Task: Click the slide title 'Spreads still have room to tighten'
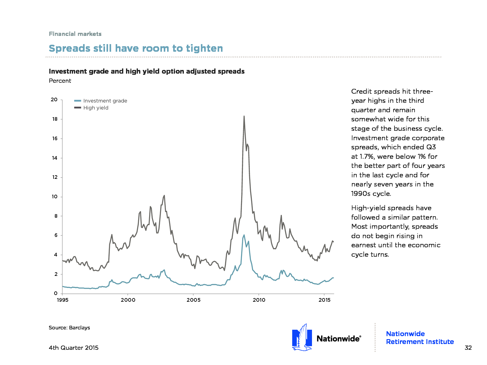tap(136, 48)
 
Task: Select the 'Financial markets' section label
tap(75, 34)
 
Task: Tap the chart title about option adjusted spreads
tap(147, 71)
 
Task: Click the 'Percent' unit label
tap(60, 81)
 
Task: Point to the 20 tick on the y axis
tap(54, 99)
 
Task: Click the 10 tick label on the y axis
tap(54, 196)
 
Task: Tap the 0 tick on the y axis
tap(56, 293)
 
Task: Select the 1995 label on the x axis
tap(63, 300)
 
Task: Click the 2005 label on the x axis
tap(194, 300)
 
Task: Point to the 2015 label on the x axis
tap(324, 300)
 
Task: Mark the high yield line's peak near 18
tap(244, 116)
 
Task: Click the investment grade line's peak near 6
tap(244, 235)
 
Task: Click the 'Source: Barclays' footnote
tap(69, 328)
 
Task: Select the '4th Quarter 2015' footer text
tap(74, 348)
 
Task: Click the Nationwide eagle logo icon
tap(302, 337)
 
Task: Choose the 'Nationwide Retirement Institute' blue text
tap(420, 338)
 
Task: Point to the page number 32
tap(468, 348)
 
